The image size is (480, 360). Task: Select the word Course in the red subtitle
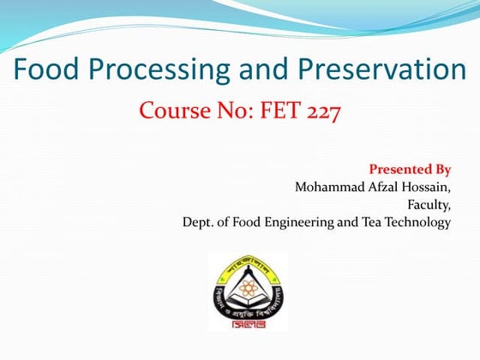[x=172, y=112]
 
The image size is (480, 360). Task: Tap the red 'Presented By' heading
[x=410, y=168]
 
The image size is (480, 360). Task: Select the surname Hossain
[x=426, y=186]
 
